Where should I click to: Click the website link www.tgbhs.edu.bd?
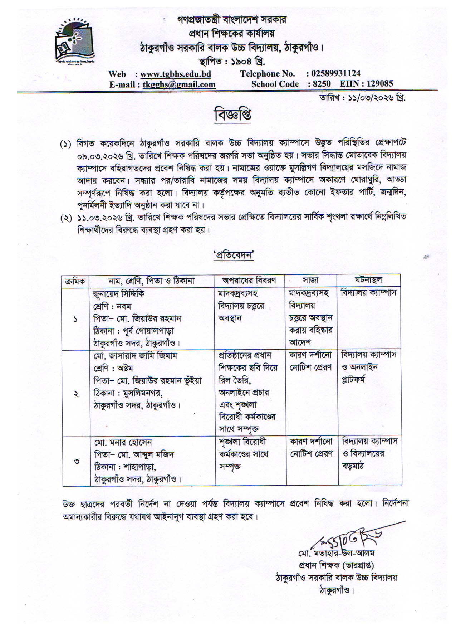click(175, 74)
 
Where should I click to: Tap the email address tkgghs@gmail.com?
click(179, 84)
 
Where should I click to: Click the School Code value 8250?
click(322, 84)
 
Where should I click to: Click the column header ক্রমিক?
click(75, 281)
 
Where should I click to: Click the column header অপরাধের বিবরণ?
click(249, 280)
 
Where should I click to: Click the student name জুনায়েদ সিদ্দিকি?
click(119, 294)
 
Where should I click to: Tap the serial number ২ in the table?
click(76, 394)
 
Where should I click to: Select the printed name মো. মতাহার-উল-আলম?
click(336, 553)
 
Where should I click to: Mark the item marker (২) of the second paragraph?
click(66, 218)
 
